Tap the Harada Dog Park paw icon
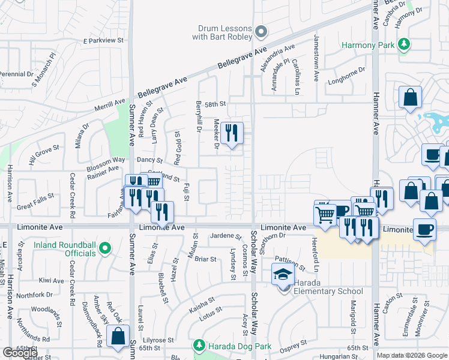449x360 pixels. (199, 346)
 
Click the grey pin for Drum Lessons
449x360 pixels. (261, 31)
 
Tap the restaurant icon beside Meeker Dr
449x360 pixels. (232, 133)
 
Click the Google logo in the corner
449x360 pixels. (20, 353)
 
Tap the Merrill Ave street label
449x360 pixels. (109, 104)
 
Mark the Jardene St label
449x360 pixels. (226, 236)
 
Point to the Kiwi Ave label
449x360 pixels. (51, 280)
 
